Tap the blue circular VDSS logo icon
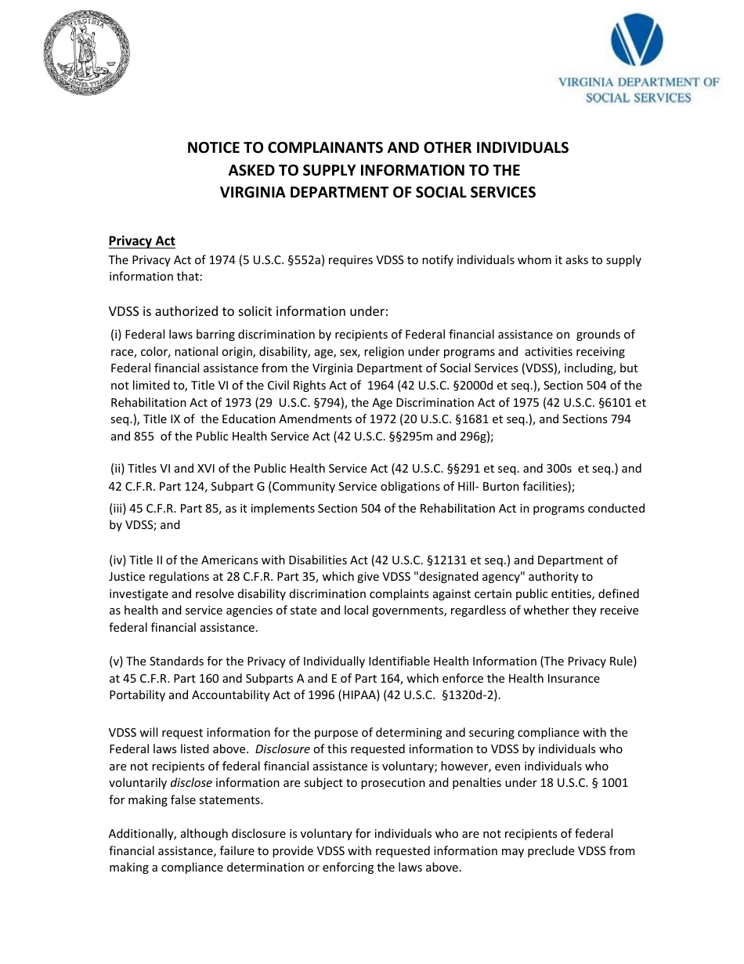coord(636,42)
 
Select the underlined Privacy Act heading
coord(142,241)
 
